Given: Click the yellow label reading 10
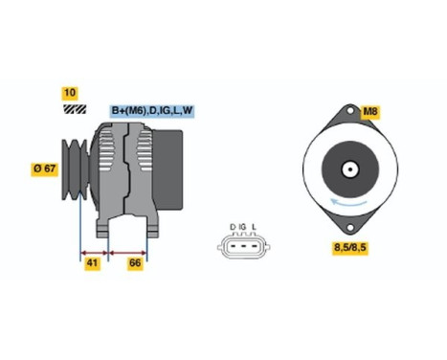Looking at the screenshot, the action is (x=69, y=93).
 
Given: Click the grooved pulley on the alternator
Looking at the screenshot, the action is (x=74, y=169).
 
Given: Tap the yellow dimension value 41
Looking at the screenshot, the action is (x=93, y=261).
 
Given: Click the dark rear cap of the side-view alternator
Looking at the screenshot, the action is (x=171, y=163).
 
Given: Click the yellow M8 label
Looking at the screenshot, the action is (x=370, y=111).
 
